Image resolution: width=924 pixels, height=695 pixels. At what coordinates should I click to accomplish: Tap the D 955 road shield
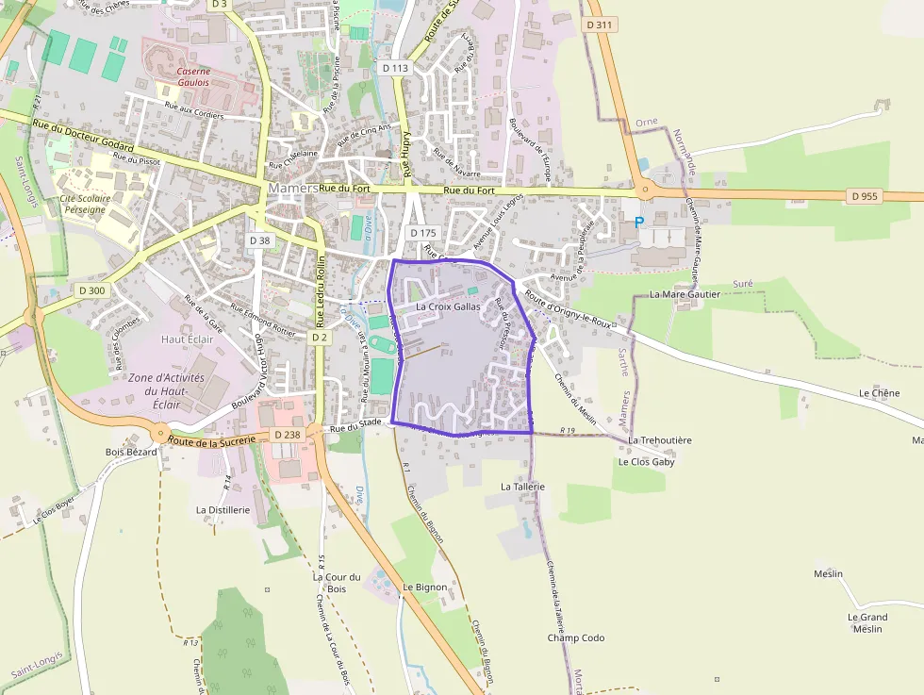tap(864, 196)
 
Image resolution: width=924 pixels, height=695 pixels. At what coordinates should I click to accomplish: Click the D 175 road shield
tap(423, 232)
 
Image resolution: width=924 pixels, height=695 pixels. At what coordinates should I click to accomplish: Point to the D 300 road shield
tap(92, 290)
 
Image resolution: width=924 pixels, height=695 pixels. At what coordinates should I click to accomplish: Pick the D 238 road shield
tap(287, 435)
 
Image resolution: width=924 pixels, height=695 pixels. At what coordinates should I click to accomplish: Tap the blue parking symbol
tap(639, 223)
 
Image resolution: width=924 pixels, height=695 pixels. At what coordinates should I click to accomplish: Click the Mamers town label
tap(292, 188)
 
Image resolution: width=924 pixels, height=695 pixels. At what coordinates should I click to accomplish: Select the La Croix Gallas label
tap(448, 307)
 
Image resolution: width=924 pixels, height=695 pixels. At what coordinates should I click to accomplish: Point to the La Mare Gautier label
tap(685, 294)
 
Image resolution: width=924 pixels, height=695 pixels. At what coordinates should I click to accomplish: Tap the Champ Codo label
tap(576, 638)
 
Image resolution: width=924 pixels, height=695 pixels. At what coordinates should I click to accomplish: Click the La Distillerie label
tap(223, 509)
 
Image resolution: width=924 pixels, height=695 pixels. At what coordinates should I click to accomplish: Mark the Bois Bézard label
tap(131, 452)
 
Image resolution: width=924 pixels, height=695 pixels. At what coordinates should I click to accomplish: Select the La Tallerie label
tap(523, 487)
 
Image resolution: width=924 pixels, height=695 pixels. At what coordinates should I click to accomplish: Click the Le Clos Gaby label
tap(646, 462)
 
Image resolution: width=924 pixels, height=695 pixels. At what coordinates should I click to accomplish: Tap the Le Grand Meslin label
tap(866, 622)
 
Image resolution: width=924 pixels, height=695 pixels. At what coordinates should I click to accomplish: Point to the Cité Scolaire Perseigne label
tap(85, 205)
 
